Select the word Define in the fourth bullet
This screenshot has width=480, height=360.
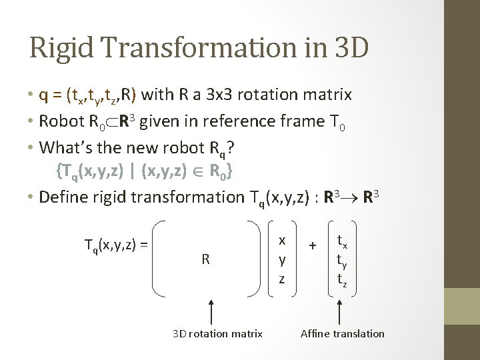click(x=61, y=197)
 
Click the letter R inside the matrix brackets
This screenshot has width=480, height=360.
click(x=206, y=259)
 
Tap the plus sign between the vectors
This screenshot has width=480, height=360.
click(x=312, y=246)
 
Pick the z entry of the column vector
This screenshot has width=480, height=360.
click(x=281, y=278)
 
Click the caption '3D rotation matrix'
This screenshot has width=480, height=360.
click(x=217, y=333)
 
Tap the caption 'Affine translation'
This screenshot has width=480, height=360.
click(x=343, y=333)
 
